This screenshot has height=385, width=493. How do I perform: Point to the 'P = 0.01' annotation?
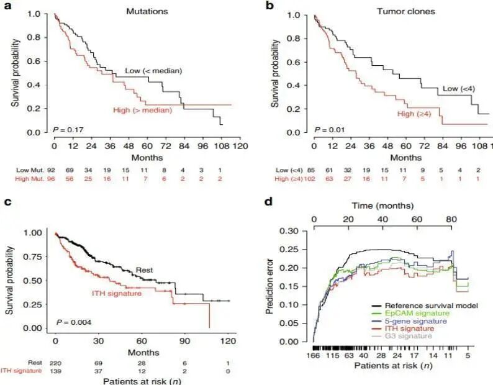[329, 130]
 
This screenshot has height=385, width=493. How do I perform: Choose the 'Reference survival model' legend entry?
[425, 306]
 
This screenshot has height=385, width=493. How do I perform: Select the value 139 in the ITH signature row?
[56, 371]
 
